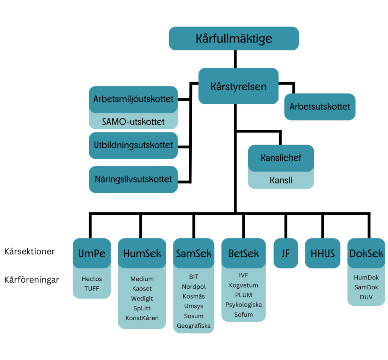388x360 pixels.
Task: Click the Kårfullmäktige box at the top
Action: [x=234, y=38]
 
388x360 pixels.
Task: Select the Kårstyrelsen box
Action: [x=239, y=86]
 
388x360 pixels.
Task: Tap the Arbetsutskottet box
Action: [x=320, y=107]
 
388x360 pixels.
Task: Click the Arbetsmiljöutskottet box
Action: [x=133, y=99]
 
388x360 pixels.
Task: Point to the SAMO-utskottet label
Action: [x=133, y=122]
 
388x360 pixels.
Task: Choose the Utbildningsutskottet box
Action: [x=133, y=145]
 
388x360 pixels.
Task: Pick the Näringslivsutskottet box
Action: [x=133, y=179]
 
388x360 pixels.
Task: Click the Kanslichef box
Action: [x=281, y=158]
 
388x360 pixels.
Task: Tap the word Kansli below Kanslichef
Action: [x=281, y=180]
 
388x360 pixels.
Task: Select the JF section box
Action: [x=286, y=253]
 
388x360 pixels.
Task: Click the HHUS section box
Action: [x=323, y=253]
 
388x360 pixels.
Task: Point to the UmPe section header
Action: [x=92, y=253]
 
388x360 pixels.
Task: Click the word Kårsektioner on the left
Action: [x=30, y=252]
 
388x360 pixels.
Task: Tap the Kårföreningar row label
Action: [x=32, y=280]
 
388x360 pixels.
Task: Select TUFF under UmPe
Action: [x=92, y=289]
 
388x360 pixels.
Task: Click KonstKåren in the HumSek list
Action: [x=142, y=318]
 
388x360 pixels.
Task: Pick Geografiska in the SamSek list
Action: [x=194, y=326]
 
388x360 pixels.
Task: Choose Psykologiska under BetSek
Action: [x=244, y=305]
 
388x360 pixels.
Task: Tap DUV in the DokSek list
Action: [x=366, y=297]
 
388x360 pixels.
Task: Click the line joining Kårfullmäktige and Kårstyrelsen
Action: [x=235, y=59]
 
